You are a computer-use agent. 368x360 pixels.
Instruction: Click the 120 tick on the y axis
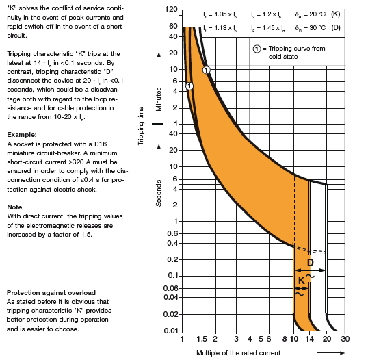point(171,9)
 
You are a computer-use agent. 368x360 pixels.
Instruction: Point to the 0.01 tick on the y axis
point(170,331)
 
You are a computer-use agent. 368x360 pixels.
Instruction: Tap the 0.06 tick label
point(170,288)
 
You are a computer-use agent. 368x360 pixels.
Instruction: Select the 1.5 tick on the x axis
point(202,339)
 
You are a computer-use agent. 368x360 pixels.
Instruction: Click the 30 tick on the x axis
point(345,339)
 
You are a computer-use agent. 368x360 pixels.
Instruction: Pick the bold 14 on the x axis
point(310,339)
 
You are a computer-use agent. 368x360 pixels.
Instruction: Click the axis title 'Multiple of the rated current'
point(238,353)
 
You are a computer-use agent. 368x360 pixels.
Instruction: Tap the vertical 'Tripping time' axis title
point(141,126)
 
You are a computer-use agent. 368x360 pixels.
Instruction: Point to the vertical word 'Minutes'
point(159,99)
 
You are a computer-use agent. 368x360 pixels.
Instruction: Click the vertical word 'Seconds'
point(159,193)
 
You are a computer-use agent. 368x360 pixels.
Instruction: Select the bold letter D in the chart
point(311,262)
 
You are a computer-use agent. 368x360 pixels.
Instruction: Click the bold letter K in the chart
point(302,280)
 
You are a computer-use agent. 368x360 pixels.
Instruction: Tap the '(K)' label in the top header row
point(336,14)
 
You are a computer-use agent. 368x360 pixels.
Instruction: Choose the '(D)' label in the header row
point(336,27)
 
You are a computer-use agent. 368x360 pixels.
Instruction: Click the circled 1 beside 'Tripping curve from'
point(257,49)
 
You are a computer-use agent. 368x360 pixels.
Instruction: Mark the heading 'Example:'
point(22,135)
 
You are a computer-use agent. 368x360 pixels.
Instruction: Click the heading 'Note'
point(14,207)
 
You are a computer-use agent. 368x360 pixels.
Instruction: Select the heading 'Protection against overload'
point(51,293)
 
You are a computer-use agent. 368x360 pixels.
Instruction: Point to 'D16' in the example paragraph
point(101,144)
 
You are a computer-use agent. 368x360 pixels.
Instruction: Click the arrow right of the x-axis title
point(330,352)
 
